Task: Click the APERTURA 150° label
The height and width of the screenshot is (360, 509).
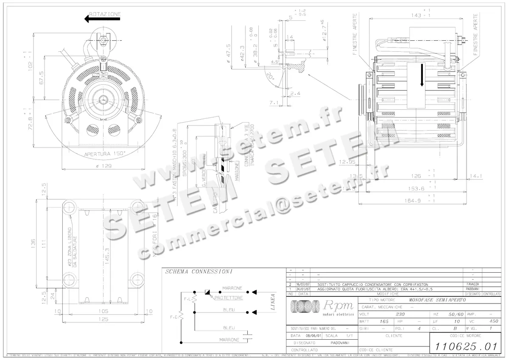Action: (104, 154)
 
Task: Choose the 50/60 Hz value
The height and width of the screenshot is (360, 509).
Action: (456, 315)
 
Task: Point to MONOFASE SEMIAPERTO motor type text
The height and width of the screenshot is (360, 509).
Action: (437, 300)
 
